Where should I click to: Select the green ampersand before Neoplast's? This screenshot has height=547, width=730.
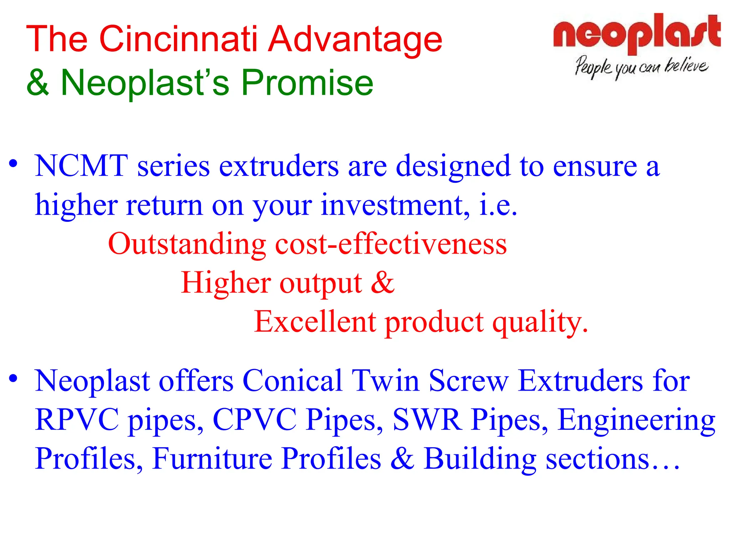[37, 83]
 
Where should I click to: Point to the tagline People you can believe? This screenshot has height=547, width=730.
[641, 67]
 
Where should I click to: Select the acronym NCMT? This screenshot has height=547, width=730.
[81, 166]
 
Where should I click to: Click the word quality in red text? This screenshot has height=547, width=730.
[540, 323]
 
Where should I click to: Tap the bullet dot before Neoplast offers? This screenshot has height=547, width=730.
[13, 379]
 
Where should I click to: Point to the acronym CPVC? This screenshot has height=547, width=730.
[255, 420]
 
